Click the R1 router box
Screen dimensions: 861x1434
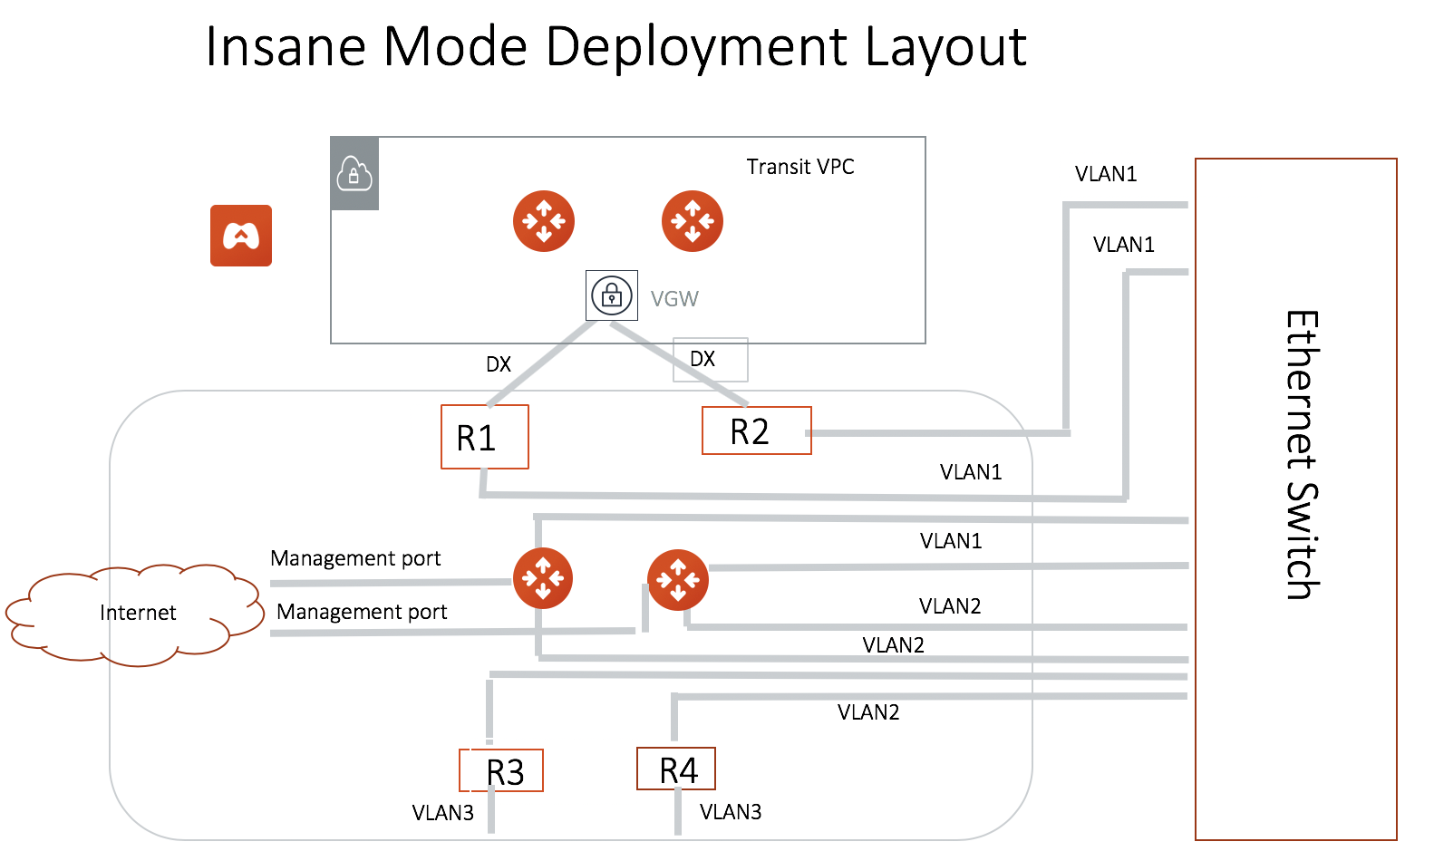(484, 437)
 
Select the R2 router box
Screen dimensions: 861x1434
(756, 430)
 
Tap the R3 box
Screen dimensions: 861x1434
(502, 771)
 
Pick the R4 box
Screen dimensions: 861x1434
(676, 769)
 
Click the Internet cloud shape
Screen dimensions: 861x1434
(136, 614)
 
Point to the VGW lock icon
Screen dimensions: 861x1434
(612, 295)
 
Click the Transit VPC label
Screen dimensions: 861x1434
(799, 167)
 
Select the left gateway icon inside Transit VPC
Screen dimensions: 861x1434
(544, 221)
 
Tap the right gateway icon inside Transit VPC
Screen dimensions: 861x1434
(693, 221)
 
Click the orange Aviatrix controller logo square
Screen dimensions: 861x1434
(241, 236)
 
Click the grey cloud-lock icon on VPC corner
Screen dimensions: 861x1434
(354, 173)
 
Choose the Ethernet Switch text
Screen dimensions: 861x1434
(1302, 455)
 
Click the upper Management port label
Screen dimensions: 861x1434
(355, 558)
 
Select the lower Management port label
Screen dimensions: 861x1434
(362, 612)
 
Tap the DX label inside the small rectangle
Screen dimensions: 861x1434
(702, 359)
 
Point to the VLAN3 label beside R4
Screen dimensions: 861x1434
(731, 812)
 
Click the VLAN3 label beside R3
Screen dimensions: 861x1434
(442, 813)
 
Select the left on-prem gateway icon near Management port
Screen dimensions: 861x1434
(543, 578)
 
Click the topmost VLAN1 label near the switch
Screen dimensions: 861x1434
(1106, 174)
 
